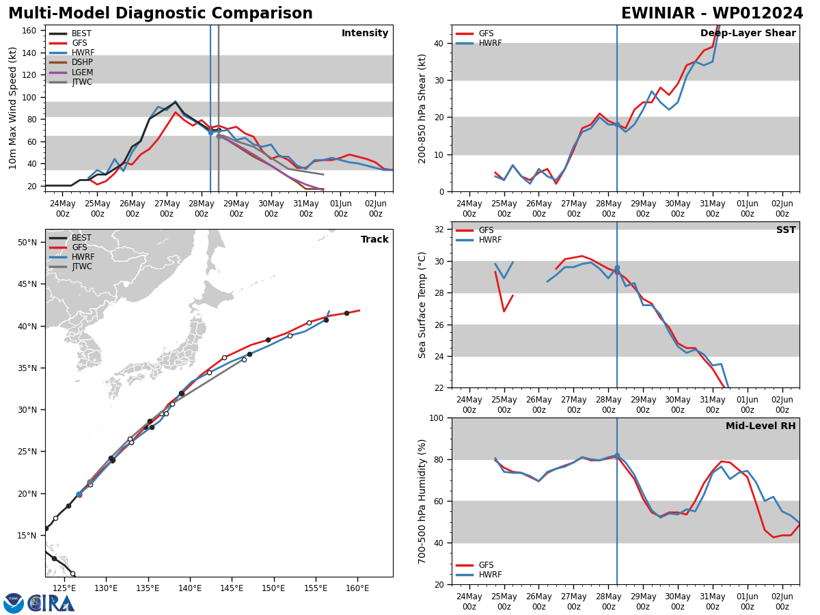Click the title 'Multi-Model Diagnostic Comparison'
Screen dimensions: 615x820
click(x=161, y=14)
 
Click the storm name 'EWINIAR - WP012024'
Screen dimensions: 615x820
click(x=712, y=14)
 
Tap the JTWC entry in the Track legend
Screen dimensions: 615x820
click(x=81, y=266)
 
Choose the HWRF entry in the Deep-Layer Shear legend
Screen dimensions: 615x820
click(x=489, y=43)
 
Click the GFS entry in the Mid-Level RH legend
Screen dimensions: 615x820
click(x=486, y=565)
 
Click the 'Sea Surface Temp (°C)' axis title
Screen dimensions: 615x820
click(x=422, y=305)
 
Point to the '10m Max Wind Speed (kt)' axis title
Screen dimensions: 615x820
click(x=13, y=108)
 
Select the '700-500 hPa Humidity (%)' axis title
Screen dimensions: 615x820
click(x=422, y=501)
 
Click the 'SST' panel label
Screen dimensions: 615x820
click(x=786, y=230)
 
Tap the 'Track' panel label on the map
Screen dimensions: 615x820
click(x=374, y=239)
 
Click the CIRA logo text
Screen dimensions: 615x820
click(x=51, y=603)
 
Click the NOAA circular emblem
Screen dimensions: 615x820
click(x=14, y=603)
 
